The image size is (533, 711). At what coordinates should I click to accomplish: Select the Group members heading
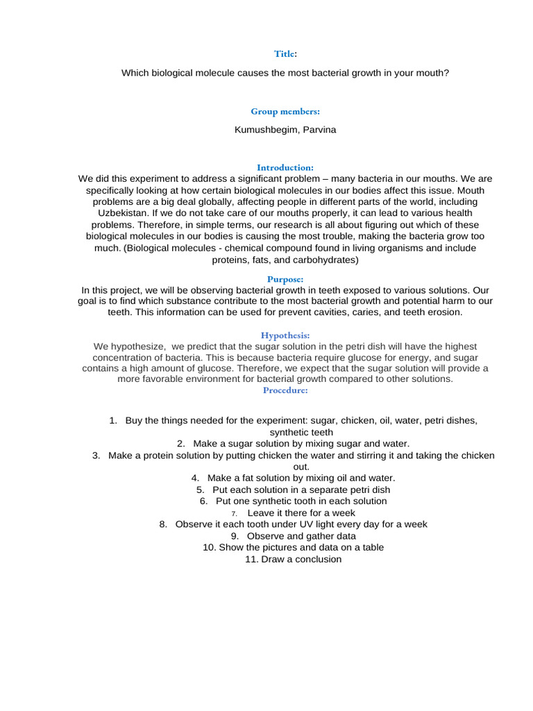pyautogui.click(x=285, y=111)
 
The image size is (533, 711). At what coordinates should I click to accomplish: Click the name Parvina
pyautogui.click(x=316, y=130)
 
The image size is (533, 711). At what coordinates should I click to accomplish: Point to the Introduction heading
pyautogui.click(x=285, y=167)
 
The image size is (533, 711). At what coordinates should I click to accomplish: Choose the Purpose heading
pyautogui.click(x=285, y=278)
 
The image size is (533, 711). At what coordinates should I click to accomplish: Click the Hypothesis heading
pyautogui.click(x=285, y=334)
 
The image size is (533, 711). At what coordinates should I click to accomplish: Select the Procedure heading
pyautogui.click(x=285, y=390)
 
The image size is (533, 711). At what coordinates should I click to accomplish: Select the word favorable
pyautogui.click(x=166, y=379)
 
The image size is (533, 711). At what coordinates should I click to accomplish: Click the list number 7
pyautogui.click(x=235, y=513)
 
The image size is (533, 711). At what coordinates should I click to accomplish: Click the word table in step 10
pyautogui.click(x=371, y=547)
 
